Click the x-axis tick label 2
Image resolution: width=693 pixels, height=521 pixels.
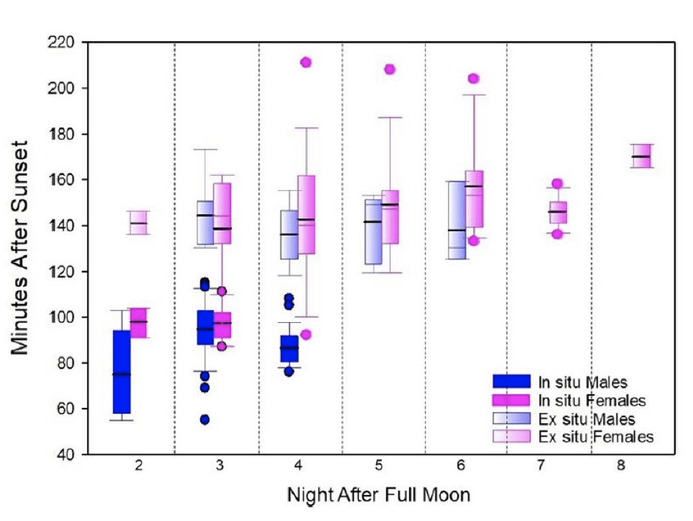point(138,468)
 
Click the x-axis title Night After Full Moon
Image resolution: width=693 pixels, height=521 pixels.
point(379,496)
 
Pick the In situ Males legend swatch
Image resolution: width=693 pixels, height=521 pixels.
point(514,380)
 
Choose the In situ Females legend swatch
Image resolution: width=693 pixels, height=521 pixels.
point(514,399)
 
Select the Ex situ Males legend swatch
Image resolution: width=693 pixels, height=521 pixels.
point(514,418)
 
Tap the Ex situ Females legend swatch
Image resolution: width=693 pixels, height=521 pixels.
point(514,436)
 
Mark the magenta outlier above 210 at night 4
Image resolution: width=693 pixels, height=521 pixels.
point(305,62)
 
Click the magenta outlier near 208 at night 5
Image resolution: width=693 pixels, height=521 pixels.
point(390,69)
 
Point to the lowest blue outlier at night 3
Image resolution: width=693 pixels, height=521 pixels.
point(205,419)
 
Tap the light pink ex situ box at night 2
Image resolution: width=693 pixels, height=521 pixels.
point(138,223)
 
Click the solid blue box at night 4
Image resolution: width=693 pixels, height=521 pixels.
point(289,349)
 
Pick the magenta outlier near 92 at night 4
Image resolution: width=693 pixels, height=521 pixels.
point(305,334)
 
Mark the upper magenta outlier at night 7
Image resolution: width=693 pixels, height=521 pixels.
point(557,184)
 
